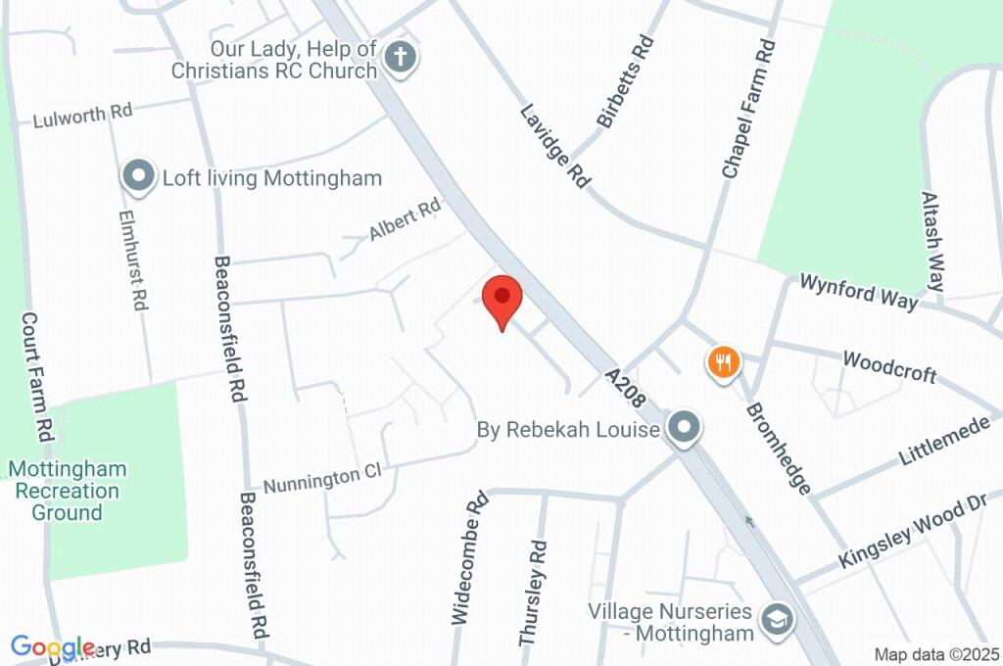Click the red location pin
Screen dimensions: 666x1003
coord(502,300)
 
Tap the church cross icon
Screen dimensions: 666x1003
coord(400,57)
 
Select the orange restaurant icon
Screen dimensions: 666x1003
coord(723,363)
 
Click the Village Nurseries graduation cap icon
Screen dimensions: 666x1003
coord(780,619)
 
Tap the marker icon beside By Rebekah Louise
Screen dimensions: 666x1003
coord(684,428)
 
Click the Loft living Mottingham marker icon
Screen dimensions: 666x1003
coord(138,177)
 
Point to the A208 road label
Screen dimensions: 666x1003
coord(625,389)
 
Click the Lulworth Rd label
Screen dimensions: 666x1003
coord(82,116)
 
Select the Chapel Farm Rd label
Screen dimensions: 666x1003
coord(749,109)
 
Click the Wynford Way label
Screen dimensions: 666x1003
coord(859,292)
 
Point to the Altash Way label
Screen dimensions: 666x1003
coord(932,241)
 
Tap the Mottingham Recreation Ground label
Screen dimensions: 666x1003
coord(68,491)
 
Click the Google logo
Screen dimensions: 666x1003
coord(52,647)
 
